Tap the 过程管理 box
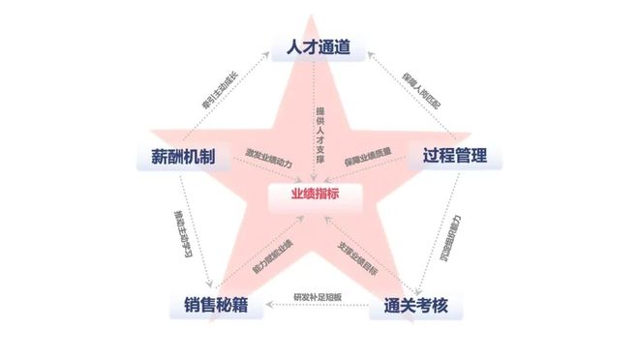453,155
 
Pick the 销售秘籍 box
216,306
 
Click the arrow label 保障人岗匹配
421,90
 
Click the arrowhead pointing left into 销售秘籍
271,307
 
